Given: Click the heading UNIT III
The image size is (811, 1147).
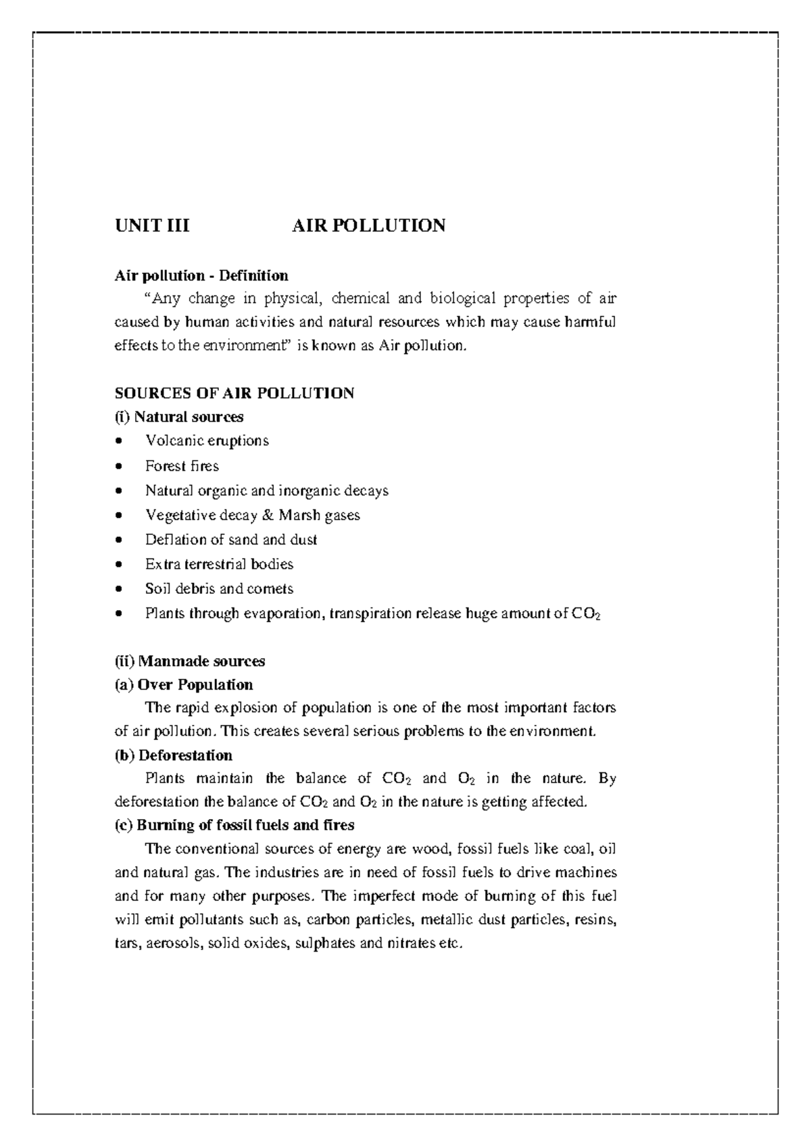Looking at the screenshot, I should (152, 226).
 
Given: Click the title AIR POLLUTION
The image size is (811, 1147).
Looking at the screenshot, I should (368, 226).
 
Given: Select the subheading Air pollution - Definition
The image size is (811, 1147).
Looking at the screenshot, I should (201, 275).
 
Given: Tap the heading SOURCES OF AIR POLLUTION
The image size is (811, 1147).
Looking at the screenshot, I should (234, 393).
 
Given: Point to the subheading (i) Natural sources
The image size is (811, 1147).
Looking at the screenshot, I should (179, 417).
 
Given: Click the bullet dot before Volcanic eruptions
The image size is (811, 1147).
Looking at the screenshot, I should (120, 442).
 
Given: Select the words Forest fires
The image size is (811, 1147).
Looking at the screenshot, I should (182, 466).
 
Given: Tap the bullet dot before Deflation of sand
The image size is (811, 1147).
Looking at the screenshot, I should (120, 540).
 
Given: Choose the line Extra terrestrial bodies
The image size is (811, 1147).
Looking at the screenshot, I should (219, 564).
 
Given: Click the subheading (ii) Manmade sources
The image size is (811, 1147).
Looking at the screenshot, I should (190, 661).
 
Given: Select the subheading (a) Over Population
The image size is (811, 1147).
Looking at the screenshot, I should (184, 684).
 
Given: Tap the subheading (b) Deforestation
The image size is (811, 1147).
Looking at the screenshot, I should (174, 755).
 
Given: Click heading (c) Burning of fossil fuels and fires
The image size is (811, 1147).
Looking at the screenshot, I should (235, 825).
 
